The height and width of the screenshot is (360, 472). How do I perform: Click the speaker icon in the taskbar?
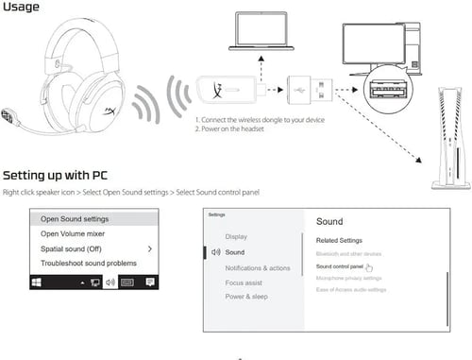click(110, 282)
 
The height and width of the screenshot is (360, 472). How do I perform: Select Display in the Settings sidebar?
click(236, 236)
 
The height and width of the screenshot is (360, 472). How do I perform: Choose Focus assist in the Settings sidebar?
click(244, 282)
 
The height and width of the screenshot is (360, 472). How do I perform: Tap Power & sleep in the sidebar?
click(247, 296)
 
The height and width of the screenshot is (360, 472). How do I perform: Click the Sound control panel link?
click(340, 266)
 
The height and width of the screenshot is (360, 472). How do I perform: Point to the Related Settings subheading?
click(339, 240)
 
